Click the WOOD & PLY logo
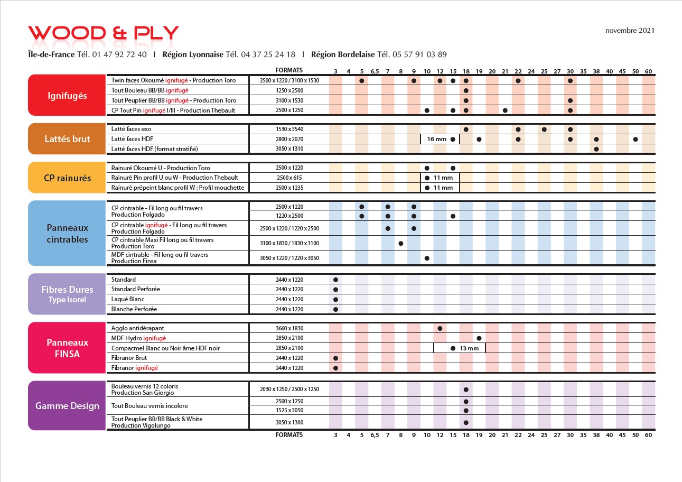104,33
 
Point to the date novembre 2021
630,31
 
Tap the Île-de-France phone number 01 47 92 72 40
119,54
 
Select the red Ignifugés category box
67,95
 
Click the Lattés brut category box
67,139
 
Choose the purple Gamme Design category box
67,405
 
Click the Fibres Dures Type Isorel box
67,294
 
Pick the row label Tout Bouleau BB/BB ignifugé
150,90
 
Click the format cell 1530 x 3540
289,129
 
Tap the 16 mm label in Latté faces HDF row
436,139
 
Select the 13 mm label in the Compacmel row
469,348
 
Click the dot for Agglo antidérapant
440,328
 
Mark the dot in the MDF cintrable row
427,258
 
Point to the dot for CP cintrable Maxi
400,244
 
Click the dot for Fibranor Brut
335,358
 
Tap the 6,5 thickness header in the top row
375,71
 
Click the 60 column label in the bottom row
648,435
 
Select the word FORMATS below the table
289,435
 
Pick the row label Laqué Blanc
127,299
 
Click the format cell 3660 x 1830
289,328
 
